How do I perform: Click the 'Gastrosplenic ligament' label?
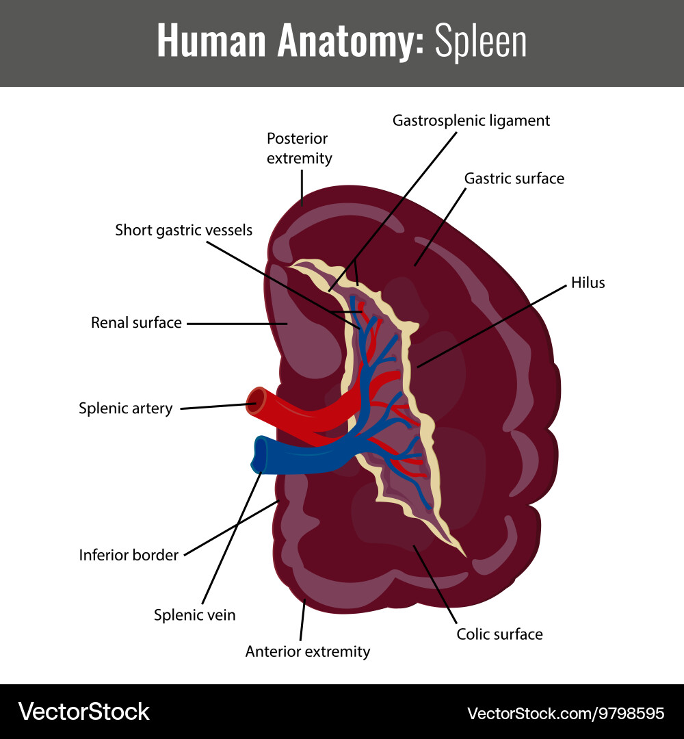[x=471, y=120]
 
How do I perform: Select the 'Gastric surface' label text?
[x=514, y=179]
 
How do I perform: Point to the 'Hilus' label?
[x=588, y=283]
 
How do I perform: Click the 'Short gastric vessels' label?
[x=183, y=230]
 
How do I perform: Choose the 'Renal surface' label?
[x=136, y=322]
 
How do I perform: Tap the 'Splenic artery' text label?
[x=125, y=409]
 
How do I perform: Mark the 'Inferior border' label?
[x=129, y=555]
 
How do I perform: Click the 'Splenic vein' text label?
[x=194, y=615]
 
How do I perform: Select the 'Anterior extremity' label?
[x=308, y=651]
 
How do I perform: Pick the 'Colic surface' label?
[x=499, y=634]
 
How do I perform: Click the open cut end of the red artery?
[x=257, y=402]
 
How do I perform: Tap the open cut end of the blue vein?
[x=261, y=454]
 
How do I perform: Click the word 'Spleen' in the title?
[x=481, y=42]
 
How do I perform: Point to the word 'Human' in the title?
[x=211, y=42]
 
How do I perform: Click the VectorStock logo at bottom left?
[x=83, y=712]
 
